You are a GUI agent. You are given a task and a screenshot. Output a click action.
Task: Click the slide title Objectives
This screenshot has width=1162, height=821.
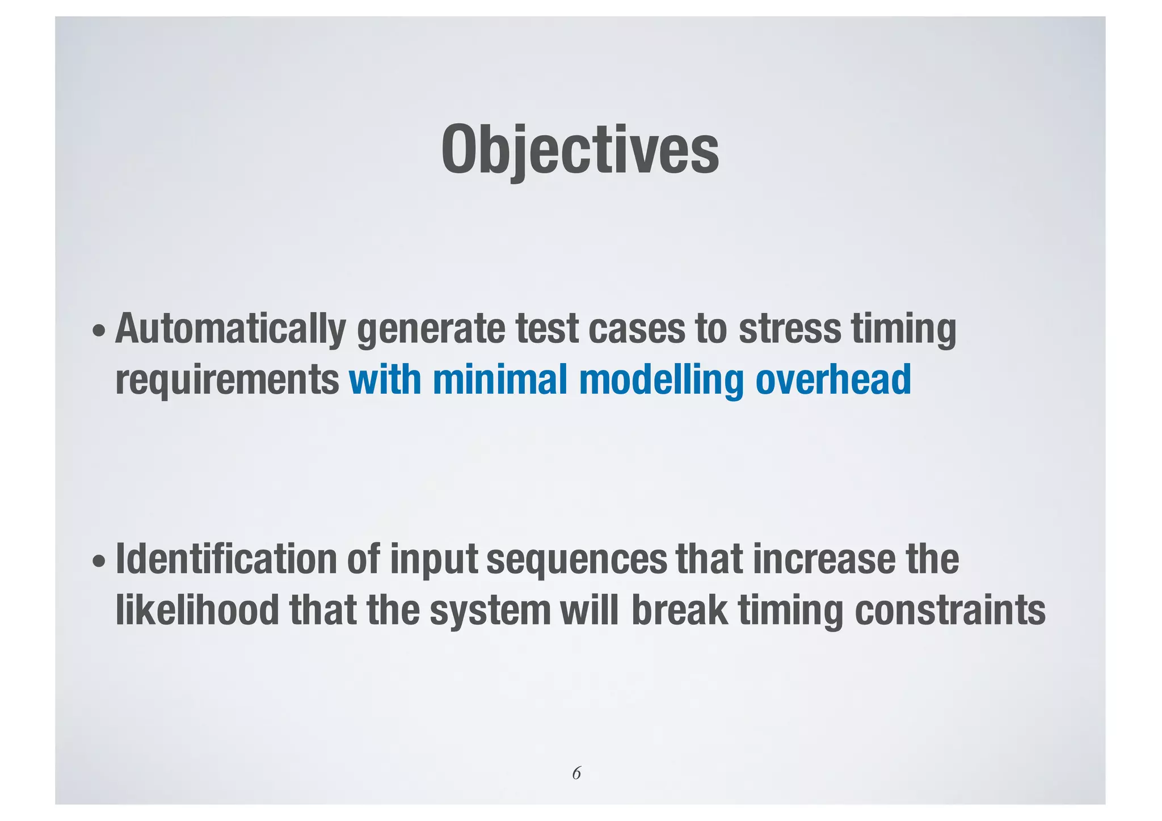(x=580, y=150)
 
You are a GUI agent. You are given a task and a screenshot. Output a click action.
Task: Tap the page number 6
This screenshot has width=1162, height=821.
(x=576, y=773)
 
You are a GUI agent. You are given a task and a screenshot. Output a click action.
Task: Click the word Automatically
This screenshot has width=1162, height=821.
(x=230, y=330)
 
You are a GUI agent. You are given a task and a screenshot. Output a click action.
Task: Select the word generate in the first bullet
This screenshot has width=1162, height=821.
(x=431, y=330)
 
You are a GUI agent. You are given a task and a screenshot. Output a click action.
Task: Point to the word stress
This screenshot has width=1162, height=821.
(x=789, y=329)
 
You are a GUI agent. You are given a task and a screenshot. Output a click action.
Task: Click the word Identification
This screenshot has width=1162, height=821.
(x=226, y=559)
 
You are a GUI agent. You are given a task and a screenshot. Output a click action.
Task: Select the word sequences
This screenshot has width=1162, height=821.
(x=576, y=561)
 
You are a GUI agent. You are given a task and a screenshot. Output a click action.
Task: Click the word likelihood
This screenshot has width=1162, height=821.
(x=197, y=611)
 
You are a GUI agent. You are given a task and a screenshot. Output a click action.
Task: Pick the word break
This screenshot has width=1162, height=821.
(x=679, y=611)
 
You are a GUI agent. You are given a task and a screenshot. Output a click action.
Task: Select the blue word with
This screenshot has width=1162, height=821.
(x=385, y=380)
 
